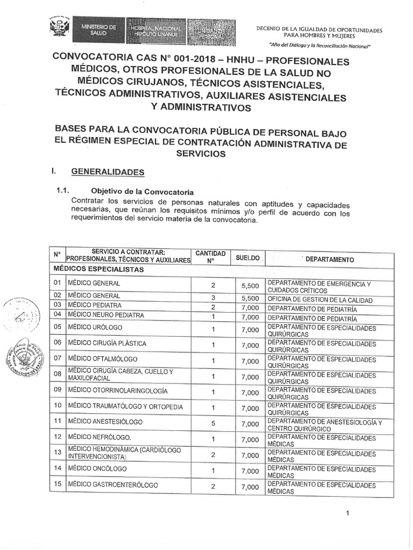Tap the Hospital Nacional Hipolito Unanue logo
click(155, 30)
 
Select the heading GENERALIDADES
click(108, 172)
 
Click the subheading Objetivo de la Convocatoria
click(143, 191)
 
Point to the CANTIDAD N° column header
click(210, 256)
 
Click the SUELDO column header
click(248, 258)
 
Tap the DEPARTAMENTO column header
click(330, 259)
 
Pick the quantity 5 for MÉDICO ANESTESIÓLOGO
click(213, 424)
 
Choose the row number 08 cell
click(57, 374)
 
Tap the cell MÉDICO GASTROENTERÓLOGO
click(113, 485)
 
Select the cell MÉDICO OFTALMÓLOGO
click(102, 358)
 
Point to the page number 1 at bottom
click(348, 513)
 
